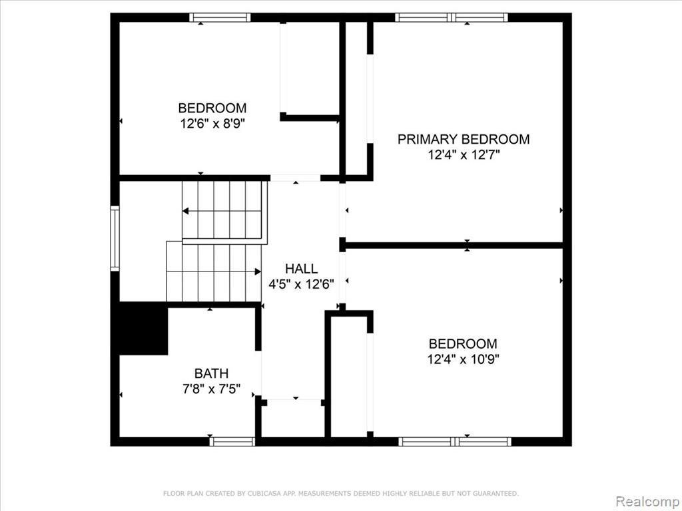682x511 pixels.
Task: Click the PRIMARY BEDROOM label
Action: [464, 139]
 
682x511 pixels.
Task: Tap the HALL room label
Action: [301, 269]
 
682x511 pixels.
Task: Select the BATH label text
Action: [211, 373]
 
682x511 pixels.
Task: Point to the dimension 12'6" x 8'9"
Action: [212, 124]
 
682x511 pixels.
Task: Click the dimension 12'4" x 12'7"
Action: [464, 154]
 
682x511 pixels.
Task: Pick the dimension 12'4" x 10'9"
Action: [463, 359]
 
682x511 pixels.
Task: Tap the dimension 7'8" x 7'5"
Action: [211, 389]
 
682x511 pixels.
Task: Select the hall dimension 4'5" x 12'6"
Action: [301, 285]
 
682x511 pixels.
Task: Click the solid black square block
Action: [144, 329]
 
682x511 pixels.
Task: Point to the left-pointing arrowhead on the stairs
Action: [185, 211]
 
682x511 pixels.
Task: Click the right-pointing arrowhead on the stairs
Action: [258, 271]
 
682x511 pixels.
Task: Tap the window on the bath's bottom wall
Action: [232, 442]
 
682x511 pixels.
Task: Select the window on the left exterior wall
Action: [115, 239]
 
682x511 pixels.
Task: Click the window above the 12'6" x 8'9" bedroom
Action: [220, 17]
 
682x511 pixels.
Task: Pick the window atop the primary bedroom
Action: [452, 17]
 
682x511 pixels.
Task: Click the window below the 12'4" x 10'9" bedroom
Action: [455, 442]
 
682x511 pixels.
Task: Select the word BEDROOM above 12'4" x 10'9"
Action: [463, 344]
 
